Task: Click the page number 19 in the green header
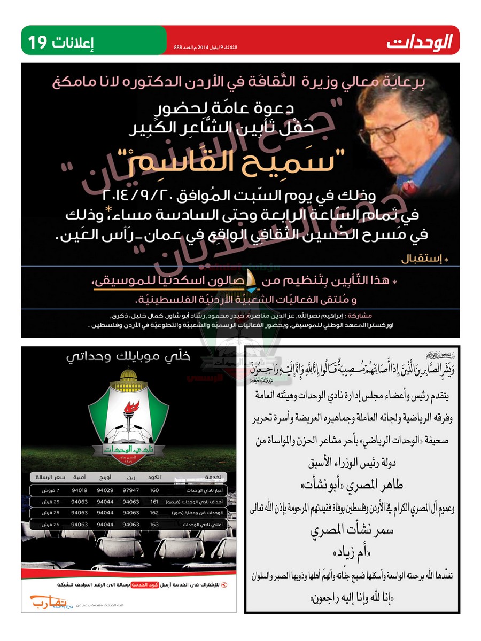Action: [x=37, y=41]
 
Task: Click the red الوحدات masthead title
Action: [x=420, y=41]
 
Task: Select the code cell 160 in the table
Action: [x=154, y=490]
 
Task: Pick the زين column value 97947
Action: [x=130, y=490]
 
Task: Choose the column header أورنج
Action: [x=105, y=476]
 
